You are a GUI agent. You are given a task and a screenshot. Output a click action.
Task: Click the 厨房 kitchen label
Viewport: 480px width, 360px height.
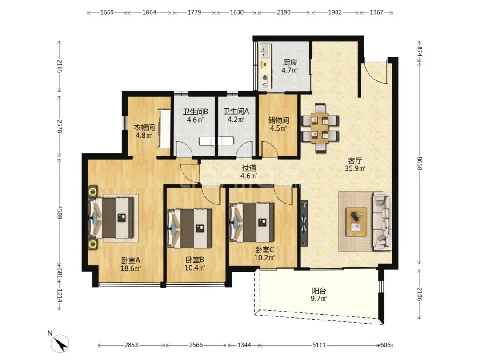(290, 63)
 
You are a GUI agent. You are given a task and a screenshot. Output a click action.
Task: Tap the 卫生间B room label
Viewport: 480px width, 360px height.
(195, 112)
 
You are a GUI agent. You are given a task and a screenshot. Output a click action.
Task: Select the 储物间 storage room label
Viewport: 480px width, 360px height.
(279, 120)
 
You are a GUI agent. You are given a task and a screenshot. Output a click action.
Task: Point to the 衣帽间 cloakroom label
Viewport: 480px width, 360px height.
(144, 127)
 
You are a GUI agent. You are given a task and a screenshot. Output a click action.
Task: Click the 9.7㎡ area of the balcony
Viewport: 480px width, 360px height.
(319, 299)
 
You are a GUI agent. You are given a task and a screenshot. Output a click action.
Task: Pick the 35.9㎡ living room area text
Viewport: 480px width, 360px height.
(355, 168)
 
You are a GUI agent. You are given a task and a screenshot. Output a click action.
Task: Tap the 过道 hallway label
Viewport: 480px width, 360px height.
(249, 168)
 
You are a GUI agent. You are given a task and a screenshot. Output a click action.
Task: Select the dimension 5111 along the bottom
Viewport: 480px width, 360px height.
(319, 345)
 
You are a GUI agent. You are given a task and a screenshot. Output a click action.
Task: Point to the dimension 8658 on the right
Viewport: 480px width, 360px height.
(420, 164)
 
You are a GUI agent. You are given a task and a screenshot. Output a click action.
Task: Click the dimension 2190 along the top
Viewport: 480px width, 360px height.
(284, 12)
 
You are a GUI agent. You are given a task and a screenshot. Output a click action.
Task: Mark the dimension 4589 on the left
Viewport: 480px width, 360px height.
(60, 212)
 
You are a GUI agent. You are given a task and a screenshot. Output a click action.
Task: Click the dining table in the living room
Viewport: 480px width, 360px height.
(320, 128)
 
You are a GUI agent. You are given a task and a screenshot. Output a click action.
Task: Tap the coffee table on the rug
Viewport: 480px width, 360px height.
(356, 222)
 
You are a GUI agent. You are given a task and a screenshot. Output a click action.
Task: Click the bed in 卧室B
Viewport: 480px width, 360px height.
(189, 229)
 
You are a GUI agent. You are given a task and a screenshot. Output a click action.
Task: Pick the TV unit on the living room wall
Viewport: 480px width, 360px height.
(304, 223)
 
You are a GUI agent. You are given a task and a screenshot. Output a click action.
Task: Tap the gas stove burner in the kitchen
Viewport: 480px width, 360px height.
(265, 78)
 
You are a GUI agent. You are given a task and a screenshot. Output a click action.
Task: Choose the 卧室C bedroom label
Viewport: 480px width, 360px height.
(264, 250)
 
